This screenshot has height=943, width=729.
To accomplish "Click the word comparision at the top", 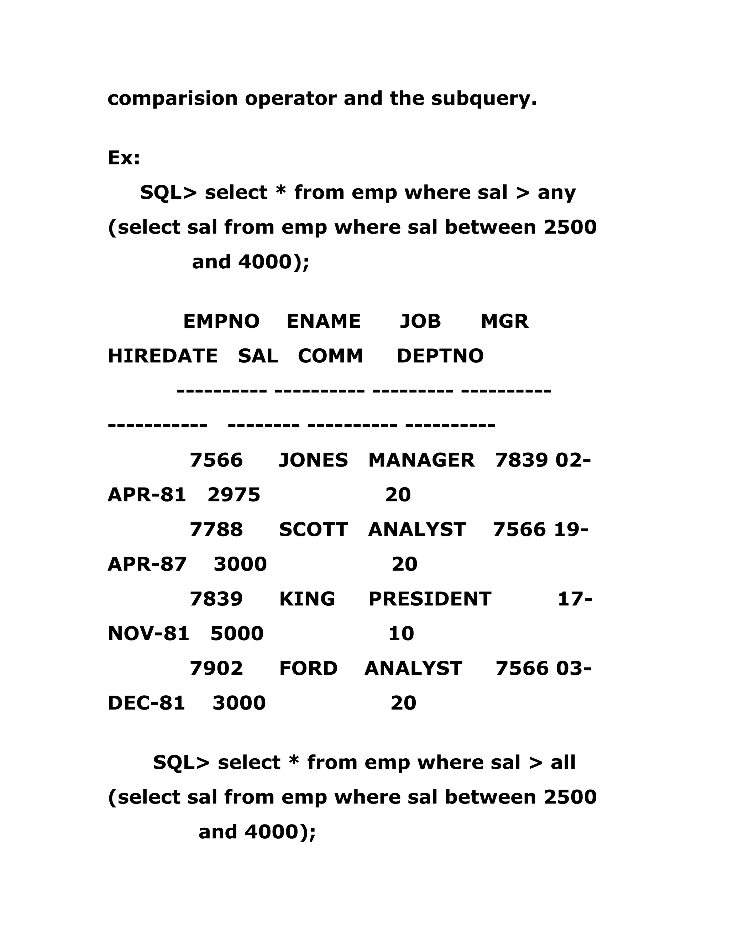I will (172, 99).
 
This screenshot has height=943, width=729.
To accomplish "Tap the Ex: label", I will (124, 158).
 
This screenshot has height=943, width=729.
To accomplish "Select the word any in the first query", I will (556, 193).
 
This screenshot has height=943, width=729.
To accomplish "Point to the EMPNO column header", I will (221, 322).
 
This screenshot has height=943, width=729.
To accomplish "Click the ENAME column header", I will (324, 322).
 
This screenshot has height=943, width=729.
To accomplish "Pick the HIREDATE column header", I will (162, 356).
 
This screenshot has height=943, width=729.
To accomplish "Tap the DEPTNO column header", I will (440, 356).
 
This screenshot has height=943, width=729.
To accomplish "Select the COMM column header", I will (330, 356).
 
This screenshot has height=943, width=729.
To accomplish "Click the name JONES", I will (313, 460).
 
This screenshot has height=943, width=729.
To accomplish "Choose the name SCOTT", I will (313, 530).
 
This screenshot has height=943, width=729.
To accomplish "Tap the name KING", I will (307, 599).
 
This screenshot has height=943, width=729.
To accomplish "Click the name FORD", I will (308, 668).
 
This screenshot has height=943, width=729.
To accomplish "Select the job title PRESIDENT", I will (430, 599).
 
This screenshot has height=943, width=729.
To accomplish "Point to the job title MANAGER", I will (421, 460).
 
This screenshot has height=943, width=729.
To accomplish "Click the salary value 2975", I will (234, 495).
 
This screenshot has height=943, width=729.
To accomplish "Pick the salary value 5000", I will (237, 634).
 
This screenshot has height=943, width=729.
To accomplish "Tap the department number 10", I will (401, 634).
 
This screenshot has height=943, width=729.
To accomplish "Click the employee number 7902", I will (216, 668).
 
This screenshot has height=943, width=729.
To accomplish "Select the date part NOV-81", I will (148, 634).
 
